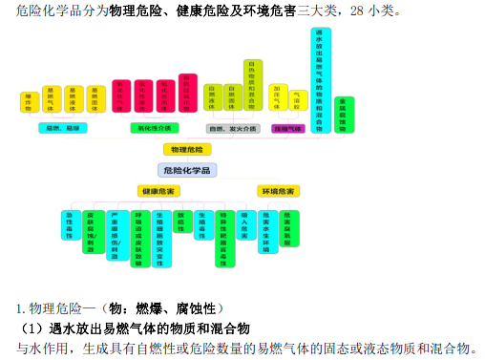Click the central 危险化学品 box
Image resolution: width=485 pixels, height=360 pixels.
point(189,170)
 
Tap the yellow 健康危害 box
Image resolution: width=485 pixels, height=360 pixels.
point(158,191)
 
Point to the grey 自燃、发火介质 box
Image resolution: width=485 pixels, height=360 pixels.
point(232,127)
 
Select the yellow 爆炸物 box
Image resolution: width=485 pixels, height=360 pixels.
point(29,100)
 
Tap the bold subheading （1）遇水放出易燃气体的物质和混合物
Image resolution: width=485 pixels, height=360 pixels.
point(135,328)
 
